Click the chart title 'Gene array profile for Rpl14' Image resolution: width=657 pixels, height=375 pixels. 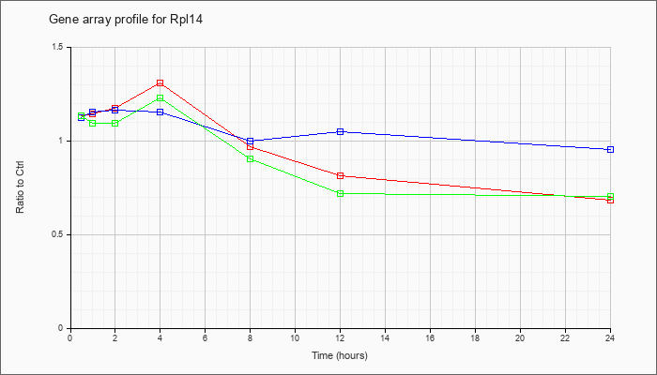(126, 20)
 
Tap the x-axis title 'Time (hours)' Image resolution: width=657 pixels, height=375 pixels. (340, 355)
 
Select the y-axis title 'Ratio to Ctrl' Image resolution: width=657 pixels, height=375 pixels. (20, 187)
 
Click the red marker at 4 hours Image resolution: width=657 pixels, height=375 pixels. (160, 83)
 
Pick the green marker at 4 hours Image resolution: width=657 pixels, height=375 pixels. (160, 97)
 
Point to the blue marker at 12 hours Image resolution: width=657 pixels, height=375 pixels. (340, 132)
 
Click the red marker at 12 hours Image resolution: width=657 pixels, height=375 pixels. (340, 176)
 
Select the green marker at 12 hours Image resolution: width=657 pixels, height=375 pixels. (340, 193)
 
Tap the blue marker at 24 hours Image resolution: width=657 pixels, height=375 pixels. (610, 149)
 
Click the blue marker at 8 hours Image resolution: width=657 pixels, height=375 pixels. (251, 141)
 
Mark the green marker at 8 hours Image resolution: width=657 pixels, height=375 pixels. (251, 159)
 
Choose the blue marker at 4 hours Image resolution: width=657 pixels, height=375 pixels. (160, 112)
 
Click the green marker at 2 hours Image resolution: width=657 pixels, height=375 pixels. (115, 124)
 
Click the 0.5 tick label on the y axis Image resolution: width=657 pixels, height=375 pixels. (58, 234)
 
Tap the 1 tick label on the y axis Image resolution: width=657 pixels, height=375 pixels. (62, 141)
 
